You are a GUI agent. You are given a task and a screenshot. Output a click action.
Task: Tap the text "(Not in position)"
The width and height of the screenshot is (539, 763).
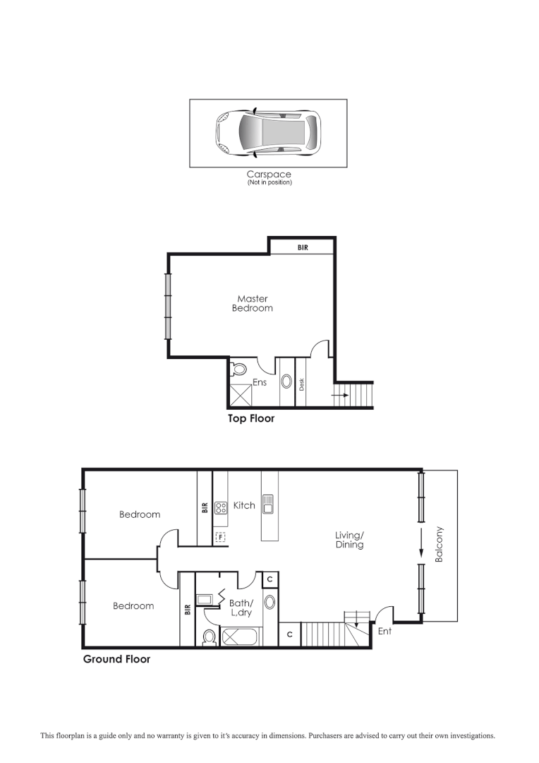[x=269, y=183]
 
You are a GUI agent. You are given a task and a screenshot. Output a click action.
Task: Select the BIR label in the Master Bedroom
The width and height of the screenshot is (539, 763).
[x=303, y=247]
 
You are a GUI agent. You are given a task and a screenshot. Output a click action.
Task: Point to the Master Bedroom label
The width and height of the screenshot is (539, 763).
[x=252, y=303]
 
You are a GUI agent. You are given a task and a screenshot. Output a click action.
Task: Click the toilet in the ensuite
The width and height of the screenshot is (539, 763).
[x=238, y=369]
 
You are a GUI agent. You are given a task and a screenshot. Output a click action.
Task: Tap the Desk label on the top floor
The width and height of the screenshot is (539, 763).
[x=301, y=384]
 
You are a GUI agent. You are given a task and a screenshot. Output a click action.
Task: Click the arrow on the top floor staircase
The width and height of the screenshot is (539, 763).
[x=340, y=395]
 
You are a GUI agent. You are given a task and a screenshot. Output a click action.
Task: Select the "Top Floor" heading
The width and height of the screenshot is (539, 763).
[x=250, y=418]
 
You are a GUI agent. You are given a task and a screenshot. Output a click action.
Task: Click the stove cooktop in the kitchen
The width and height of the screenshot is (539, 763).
[x=221, y=506]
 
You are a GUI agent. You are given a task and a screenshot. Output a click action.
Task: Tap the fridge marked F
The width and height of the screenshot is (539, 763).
[x=220, y=537]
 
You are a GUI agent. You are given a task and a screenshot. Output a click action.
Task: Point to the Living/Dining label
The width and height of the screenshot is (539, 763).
[x=349, y=540]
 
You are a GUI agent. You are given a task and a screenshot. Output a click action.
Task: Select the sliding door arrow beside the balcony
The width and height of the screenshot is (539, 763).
[x=421, y=545]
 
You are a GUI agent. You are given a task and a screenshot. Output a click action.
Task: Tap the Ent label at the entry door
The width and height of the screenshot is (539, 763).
[x=384, y=631]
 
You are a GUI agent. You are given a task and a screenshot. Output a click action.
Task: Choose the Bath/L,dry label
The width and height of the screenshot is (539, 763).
[x=242, y=608]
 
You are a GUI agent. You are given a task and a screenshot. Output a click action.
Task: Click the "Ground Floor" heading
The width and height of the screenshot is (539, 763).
[x=116, y=659]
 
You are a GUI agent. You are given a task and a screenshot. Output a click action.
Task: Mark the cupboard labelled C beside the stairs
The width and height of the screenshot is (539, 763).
[x=289, y=634]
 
